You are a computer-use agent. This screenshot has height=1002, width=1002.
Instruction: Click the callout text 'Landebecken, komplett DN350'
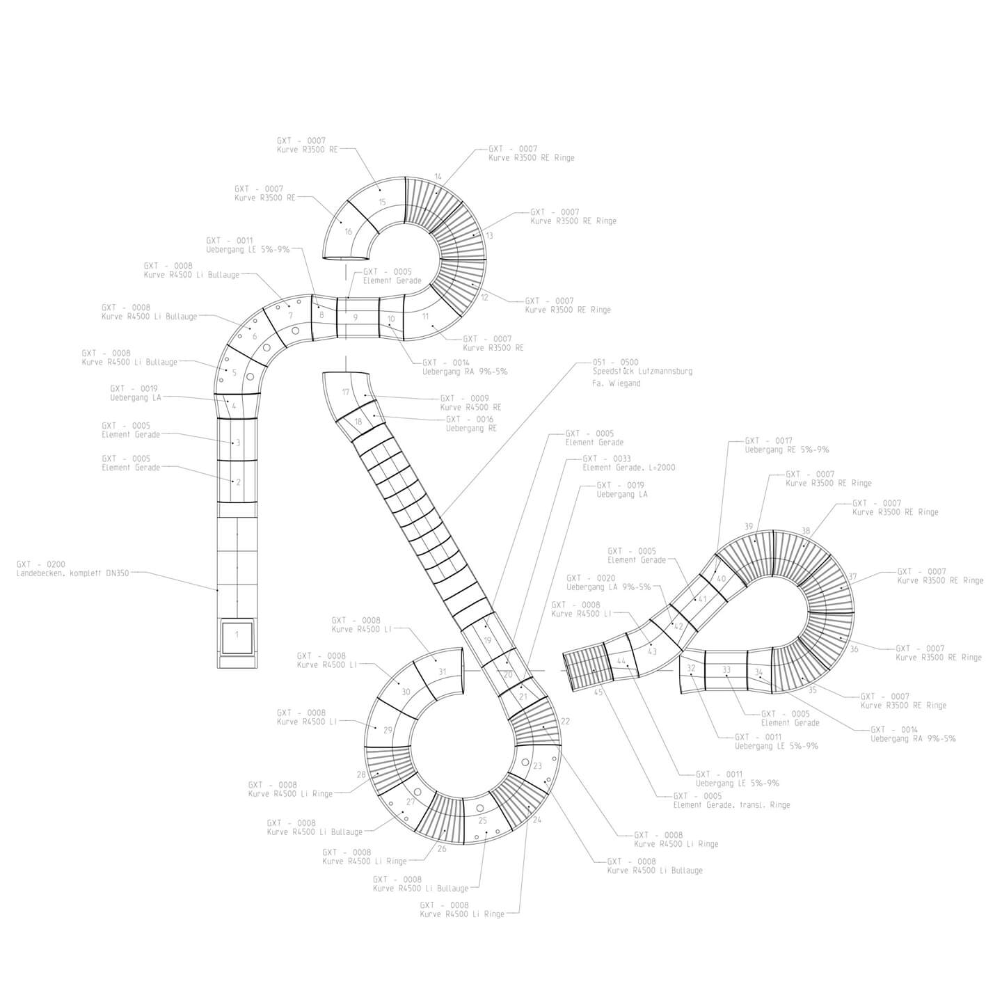point(73,573)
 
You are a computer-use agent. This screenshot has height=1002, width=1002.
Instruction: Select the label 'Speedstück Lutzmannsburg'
point(642,372)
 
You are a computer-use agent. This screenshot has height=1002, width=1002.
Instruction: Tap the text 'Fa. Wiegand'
point(617,383)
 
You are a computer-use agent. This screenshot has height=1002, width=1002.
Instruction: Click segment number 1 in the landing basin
point(237,635)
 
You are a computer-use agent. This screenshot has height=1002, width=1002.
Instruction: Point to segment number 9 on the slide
point(356,317)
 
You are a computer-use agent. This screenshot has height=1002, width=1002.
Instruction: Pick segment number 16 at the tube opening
point(349,232)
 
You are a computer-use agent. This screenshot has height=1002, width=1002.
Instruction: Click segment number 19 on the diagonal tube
point(487,640)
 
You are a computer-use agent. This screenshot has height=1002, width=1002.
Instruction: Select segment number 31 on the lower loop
point(443,671)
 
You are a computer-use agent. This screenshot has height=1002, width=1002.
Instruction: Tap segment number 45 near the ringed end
point(598,692)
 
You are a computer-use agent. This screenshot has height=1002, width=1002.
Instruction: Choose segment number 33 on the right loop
point(726,669)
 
